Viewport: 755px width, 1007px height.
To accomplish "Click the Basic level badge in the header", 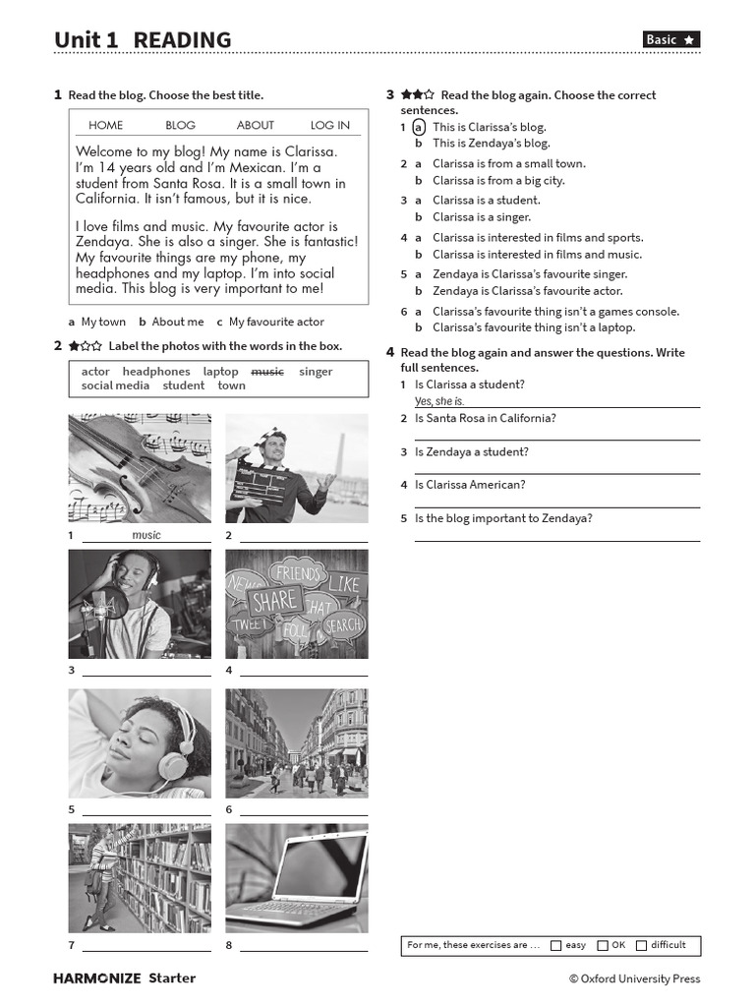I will point(671,39).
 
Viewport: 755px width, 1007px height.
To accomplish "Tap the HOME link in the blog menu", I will point(105,125).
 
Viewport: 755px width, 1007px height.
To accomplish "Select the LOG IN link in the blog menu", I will point(329,125).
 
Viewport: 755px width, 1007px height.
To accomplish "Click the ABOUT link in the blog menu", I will point(256,125).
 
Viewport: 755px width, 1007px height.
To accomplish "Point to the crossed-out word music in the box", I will point(267,372).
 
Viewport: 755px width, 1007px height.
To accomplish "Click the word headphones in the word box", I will point(156,372).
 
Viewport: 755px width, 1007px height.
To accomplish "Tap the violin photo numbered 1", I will point(139,468).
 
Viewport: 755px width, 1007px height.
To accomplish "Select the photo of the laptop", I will point(297,878).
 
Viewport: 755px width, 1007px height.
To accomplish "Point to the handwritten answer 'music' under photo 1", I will point(145,535).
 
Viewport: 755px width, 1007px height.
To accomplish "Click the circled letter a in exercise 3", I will point(419,127).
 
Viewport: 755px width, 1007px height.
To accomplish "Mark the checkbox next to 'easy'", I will point(556,946).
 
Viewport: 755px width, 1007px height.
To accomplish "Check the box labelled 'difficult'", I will point(641,946).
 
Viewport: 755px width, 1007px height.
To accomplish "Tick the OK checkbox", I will point(603,946).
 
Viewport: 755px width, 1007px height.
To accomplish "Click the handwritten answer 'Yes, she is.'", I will point(439,401).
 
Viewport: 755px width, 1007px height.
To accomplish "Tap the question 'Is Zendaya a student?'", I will point(471,451).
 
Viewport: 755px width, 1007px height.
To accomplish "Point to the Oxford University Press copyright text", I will point(634,978).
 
